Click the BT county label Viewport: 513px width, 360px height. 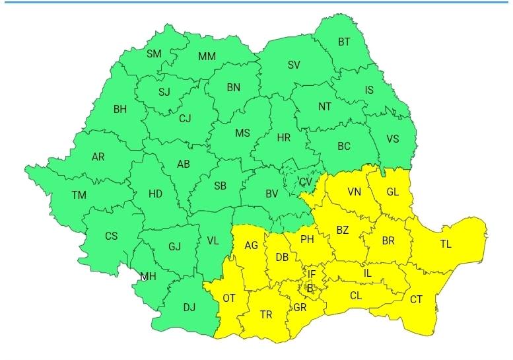(344, 42)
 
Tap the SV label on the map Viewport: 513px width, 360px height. (294, 65)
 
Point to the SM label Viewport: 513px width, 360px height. (154, 54)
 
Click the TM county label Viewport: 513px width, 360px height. (79, 195)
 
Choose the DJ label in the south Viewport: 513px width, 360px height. (189, 307)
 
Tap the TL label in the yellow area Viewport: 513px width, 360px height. (446, 244)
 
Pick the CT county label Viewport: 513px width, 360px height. (416, 299)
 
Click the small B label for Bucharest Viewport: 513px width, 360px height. (310, 287)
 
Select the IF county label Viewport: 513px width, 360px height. (312, 273)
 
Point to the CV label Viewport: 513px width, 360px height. (305, 182)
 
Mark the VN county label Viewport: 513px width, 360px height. (355, 192)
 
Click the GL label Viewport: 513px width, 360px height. (393, 192)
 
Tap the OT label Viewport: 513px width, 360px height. (228, 298)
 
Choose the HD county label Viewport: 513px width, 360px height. (155, 194)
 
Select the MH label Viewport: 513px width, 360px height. (148, 277)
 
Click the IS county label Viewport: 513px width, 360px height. (370, 90)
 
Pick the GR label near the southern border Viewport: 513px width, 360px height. (300, 308)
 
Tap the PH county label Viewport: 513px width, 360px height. (307, 239)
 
